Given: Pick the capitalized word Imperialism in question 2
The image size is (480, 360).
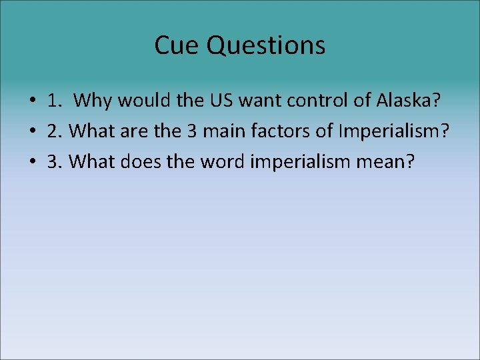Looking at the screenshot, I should (393, 131).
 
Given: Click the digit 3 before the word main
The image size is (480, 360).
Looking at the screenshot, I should (191, 131).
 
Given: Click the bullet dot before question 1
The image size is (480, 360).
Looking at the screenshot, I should (32, 102).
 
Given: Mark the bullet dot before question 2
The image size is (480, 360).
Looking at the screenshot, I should (32, 131).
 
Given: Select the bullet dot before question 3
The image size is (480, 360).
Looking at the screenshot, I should (32, 161).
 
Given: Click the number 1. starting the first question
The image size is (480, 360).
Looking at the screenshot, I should (55, 101).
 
